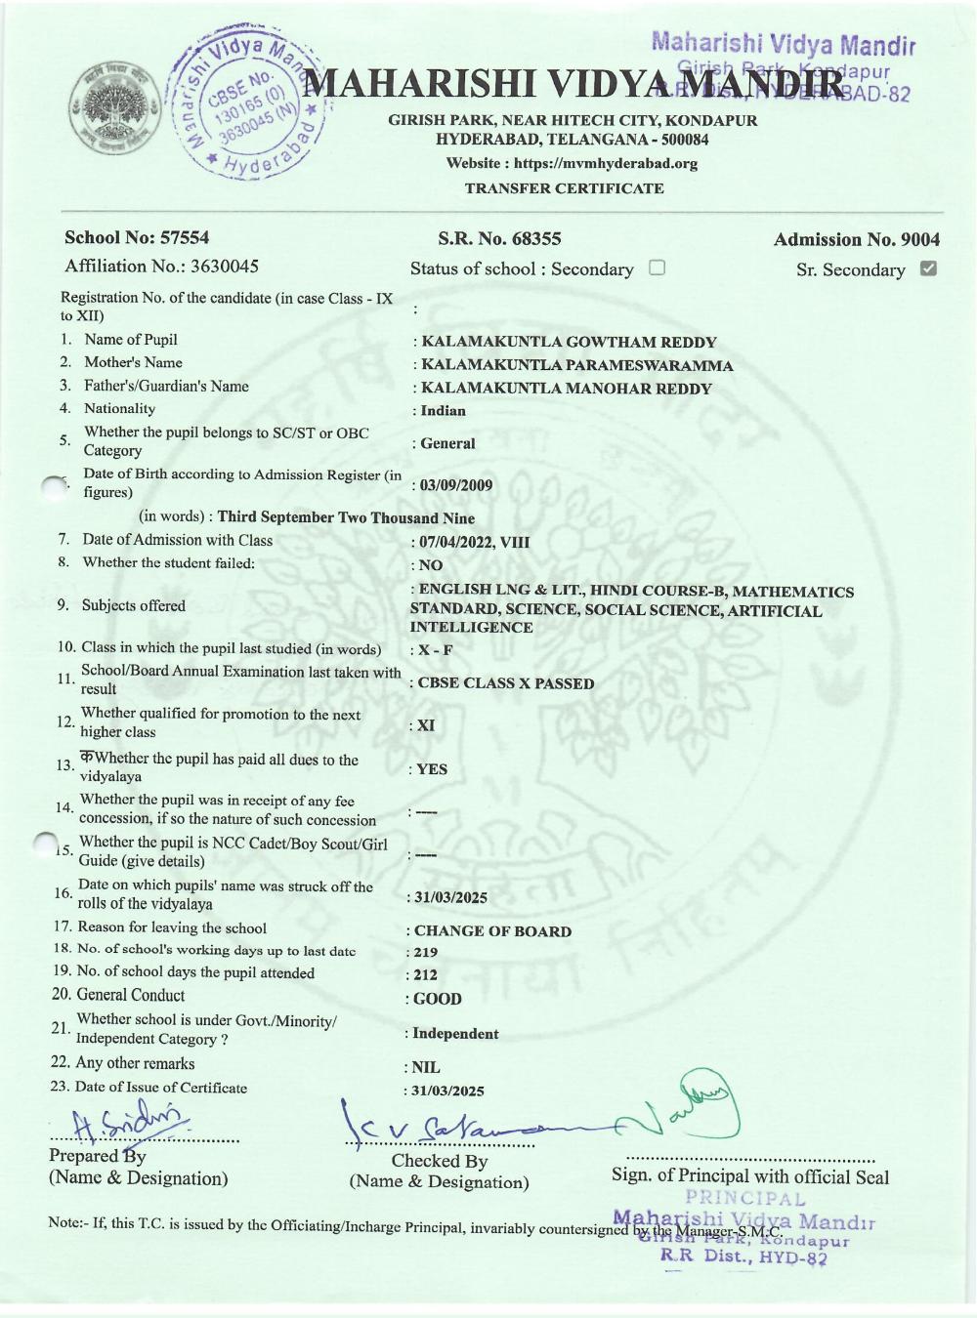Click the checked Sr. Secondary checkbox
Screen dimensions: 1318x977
tap(928, 268)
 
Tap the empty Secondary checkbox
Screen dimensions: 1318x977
tap(657, 268)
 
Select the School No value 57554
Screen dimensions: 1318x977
tap(187, 237)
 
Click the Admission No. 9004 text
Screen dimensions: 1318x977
tap(856, 239)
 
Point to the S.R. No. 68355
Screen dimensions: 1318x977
tap(499, 238)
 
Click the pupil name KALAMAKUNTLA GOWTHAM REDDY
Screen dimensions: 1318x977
tap(569, 343)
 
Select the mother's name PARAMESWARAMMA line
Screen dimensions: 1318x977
tap(576, 366)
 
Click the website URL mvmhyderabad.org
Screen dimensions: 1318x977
tap(606, 163)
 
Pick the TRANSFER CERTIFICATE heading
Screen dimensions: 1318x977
tap(564, 188)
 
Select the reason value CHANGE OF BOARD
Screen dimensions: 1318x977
tap(492, 931)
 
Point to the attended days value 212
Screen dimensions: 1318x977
tap(425, 975)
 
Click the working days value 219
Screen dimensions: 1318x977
tap(425, 953)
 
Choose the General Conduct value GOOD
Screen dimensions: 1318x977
tap(437, 999)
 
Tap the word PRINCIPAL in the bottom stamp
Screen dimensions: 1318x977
tap(745, 1199)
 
